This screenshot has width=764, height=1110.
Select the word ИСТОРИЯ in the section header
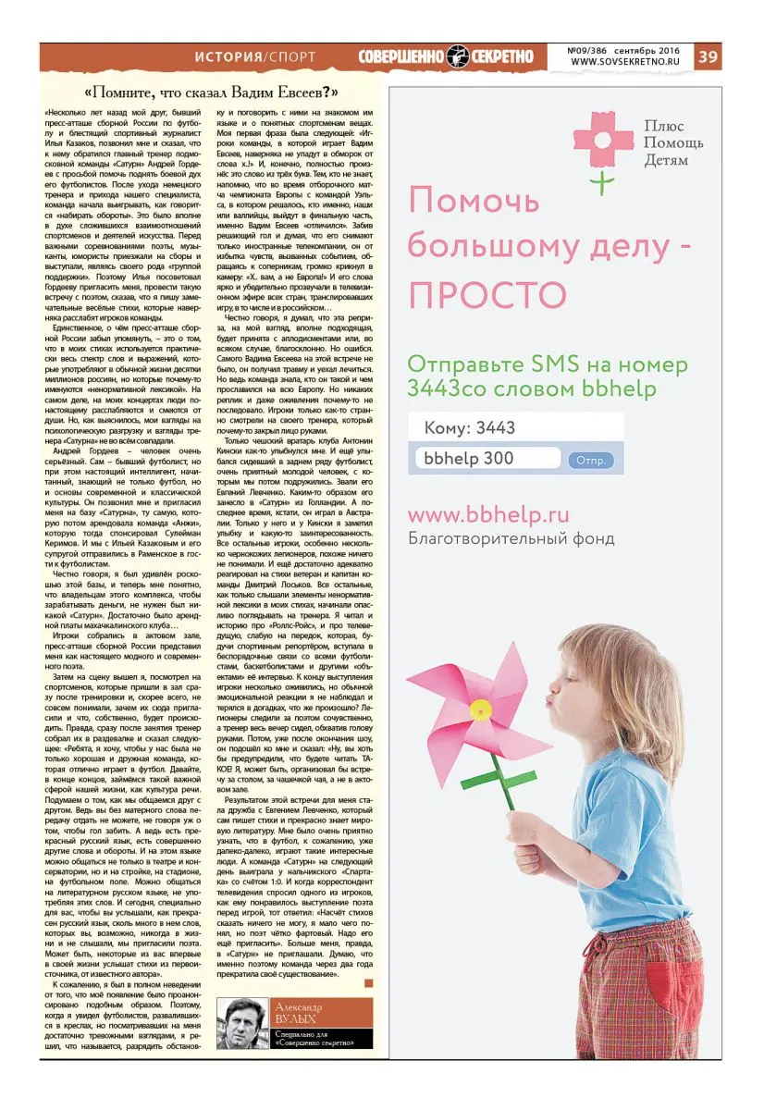pyautogui.click(x=228, y=56)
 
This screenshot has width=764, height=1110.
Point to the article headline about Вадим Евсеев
pyautogui.click(x=211, y=92)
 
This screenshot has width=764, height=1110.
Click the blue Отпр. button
pyautogui.click(x=590, y=460)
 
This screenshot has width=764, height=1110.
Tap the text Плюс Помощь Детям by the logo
pyautogui.click(x=673, y=143)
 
